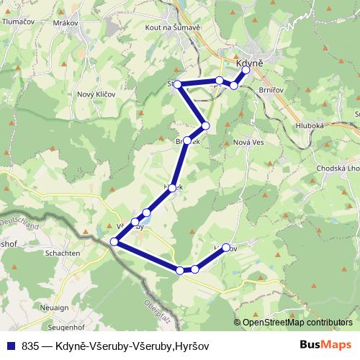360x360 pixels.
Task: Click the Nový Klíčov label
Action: coord(96,95)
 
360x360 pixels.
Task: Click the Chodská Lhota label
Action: coord(337,168)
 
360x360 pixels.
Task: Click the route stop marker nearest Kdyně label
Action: coord(246,71)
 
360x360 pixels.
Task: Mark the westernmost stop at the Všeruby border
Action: coord(114,242)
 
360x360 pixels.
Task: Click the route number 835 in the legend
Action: coord(30,346)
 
